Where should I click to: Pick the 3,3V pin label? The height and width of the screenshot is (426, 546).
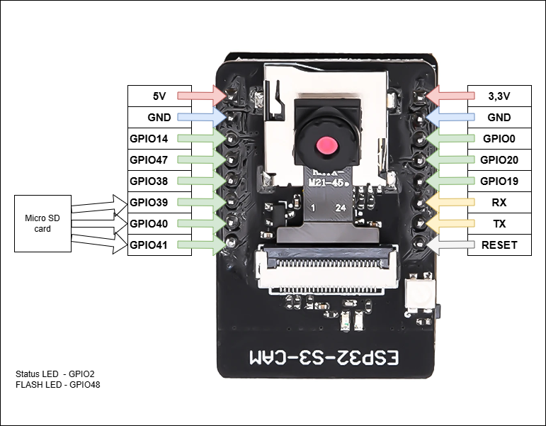[x=499, y=96]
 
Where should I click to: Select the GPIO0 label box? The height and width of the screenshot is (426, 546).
[x=499, y=138]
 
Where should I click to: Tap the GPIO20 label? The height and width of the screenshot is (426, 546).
[x=499, y=159]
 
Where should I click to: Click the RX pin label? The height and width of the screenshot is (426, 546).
[x=499, y=203]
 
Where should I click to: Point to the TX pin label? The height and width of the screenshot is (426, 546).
[x=499, y=224]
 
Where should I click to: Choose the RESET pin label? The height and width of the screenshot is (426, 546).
[x=499, y=246]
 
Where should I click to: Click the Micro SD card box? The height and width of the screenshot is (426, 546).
[x=42, y=223]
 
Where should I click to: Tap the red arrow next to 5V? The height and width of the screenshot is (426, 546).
[x=201, y=95]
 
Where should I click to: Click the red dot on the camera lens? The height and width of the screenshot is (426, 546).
[x=326, y=146]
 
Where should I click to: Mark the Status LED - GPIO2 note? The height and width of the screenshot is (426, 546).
[x=55, y=374]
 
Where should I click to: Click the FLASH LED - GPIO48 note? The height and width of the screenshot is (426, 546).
[x=57, y=384]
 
